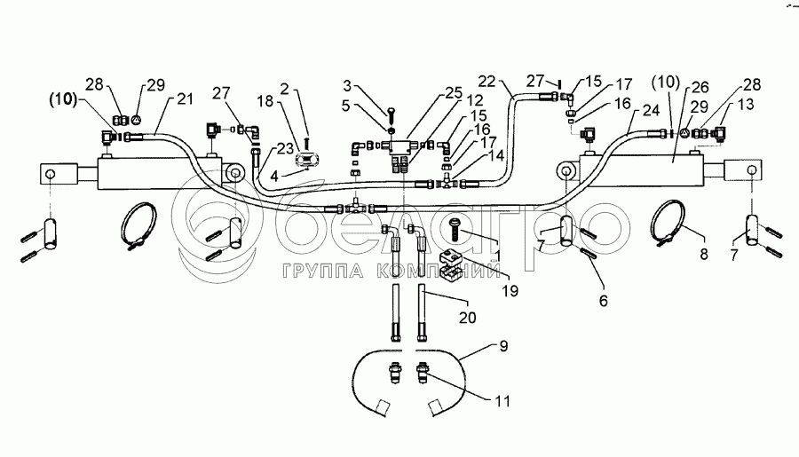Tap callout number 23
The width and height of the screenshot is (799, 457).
pyautogui.click(x=286, y=148)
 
